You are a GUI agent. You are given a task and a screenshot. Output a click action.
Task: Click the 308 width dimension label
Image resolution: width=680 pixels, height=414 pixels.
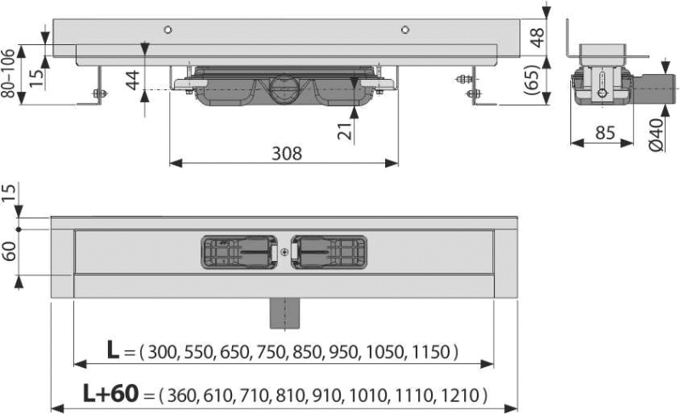[x=286, y=154]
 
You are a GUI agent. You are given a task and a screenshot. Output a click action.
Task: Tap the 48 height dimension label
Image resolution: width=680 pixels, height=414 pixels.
[x=537, y=37]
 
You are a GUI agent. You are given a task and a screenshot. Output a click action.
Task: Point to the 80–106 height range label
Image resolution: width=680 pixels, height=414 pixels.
[x=8, y=73]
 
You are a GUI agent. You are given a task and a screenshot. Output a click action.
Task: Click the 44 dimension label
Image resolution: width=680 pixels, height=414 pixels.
[x=133, y=80]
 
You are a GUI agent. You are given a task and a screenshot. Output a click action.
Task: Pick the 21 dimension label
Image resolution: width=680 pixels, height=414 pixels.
[x=345, y=131]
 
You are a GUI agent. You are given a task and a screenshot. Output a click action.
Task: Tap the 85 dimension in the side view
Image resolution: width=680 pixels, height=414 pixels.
[x=605, y=133]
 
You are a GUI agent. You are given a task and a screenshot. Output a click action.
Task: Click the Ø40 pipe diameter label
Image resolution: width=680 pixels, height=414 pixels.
[x=656, y=135]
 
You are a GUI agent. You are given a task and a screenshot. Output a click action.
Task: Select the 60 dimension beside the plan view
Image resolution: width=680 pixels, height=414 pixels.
[x=9, y=251]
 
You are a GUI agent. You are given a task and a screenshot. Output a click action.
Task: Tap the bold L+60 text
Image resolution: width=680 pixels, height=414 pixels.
[x=111, y=394]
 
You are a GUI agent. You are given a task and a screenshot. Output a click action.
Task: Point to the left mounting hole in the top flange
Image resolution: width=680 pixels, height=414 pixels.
[x=167, y=30]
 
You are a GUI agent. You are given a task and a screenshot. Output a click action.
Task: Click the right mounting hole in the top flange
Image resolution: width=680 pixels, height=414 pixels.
[x=405, y=30]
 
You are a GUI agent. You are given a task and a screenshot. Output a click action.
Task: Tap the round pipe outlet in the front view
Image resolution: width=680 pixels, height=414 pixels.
[x=285, y=89]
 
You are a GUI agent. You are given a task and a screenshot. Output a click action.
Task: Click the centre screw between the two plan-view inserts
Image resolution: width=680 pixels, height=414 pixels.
[x=284, y=252]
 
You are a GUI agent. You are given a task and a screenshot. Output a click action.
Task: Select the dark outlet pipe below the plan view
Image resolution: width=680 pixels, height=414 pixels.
[x=285, y=313]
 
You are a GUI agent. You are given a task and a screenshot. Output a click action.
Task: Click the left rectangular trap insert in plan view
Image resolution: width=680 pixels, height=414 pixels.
[x=240, y=252]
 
